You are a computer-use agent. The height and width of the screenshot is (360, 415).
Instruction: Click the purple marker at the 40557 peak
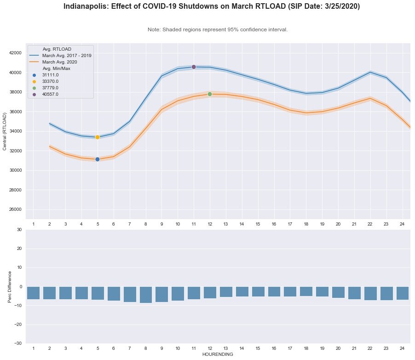point(194,67)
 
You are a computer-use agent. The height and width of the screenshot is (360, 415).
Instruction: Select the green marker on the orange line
point(210,94)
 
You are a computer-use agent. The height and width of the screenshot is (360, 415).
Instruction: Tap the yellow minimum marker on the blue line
point(98,137)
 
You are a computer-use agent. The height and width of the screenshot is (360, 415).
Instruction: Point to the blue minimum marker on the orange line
point(98,159)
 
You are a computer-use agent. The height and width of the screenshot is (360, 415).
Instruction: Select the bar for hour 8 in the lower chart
point(146,295)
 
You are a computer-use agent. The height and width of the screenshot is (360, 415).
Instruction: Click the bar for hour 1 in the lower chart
point(34,293)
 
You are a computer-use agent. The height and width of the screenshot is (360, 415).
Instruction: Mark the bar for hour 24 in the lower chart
point(403,293)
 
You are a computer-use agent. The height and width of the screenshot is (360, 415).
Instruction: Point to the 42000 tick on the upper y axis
point(16,53)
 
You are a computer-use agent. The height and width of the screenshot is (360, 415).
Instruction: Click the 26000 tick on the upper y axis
point(16,209)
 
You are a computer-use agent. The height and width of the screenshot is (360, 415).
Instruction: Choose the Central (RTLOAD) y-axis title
point(6,131)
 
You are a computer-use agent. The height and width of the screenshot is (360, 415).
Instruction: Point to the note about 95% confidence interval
point(218,29)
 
